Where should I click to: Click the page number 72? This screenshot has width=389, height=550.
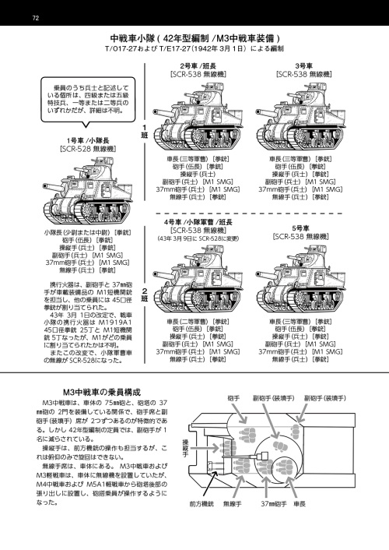pos(36,17)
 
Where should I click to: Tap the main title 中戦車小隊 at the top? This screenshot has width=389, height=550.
pos(194,38)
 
